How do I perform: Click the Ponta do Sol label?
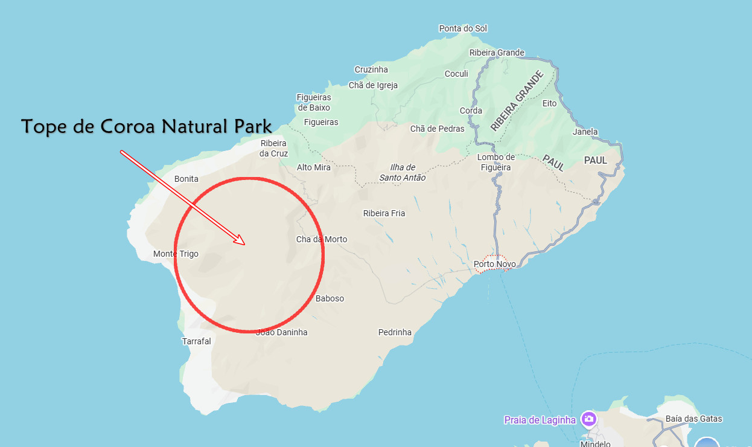click(463, 28)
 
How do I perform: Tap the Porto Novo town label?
click(494, 264)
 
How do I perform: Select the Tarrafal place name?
click(197, 341)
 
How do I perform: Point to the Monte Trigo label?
click(176, 254)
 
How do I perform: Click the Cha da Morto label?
click(322, 239)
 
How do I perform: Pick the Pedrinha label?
click(395, 332)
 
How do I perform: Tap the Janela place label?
click(585, 132)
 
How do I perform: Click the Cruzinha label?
click(371, 69)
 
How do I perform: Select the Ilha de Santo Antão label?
click(403, 173)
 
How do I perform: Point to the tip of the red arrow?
click(244, 244)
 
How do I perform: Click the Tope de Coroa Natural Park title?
click(146, 127)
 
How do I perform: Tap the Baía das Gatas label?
click(693, 419)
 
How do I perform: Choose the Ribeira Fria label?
click(384, 213)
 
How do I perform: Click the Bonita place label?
click(186, 179)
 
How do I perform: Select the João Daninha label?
click(282, 332)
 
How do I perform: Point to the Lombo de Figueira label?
click(495, 162)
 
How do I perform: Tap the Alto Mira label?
click(314, 167)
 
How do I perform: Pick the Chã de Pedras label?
click(438, 129)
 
